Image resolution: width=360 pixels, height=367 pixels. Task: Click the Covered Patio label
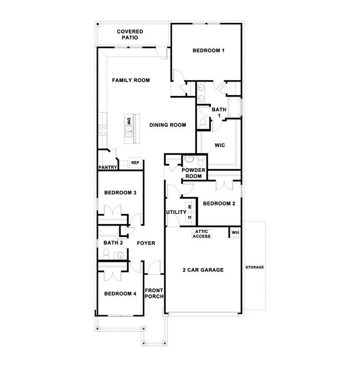[x=130, y=34]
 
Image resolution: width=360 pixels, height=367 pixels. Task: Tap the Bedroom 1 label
[x=208, y=51]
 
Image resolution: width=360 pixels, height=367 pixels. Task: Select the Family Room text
[x=131, y=80]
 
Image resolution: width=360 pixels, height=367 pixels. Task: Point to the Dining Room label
[x=167, y=125]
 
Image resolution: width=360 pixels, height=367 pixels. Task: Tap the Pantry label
[x=107, y=168]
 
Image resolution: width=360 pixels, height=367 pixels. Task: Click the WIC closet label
[x=220, y=145]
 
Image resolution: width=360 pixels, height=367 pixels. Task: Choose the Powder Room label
[x=193, y=173]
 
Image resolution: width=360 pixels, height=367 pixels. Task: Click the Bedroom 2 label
[x=219, y=204]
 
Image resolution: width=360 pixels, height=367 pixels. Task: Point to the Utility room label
[x=175, y=212]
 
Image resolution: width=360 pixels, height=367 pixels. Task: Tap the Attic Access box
[x=201, y=234]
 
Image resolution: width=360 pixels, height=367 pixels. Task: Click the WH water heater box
[x=235, y=233]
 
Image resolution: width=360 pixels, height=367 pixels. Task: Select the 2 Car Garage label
[x=203, y=270]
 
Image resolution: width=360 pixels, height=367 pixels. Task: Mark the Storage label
[x=254, y=267]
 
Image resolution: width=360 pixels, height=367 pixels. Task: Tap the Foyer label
[x=146, y=243]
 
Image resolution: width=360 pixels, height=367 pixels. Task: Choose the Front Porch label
[x=154, y=293]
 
